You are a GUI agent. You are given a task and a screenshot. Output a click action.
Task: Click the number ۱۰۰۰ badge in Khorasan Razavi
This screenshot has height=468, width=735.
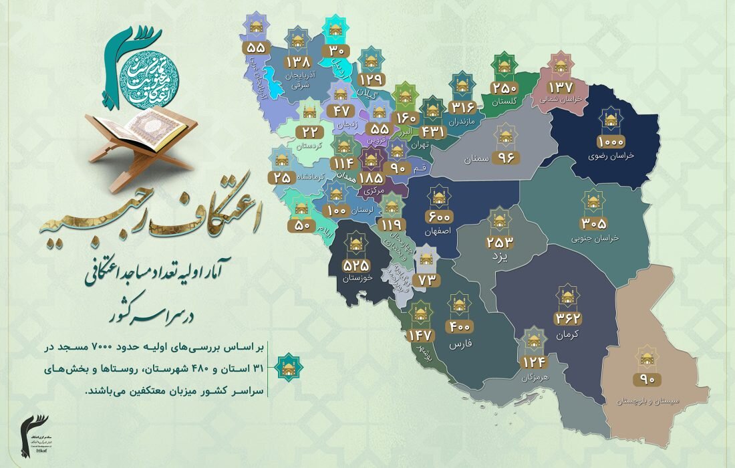[610, 142]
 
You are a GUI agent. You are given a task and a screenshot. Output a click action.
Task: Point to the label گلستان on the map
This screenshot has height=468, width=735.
[504, 102]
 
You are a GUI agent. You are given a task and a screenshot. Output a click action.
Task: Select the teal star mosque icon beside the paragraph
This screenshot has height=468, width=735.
[289, 366]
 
